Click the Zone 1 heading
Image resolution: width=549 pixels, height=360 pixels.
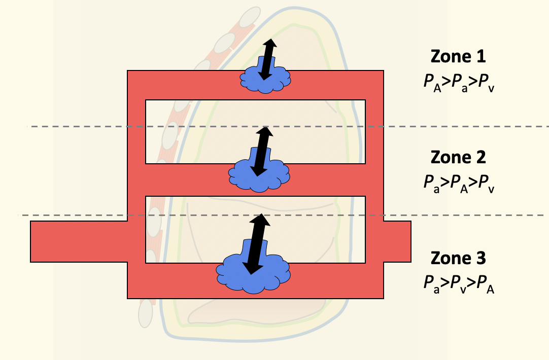[x=458, y=56]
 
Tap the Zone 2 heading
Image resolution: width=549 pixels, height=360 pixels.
[x=458, y=157]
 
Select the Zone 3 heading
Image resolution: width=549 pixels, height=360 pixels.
[x=458, y=258]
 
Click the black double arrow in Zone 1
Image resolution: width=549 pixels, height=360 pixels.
[x=267, y=59]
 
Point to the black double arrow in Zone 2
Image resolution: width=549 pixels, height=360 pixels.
[x=262, y=151]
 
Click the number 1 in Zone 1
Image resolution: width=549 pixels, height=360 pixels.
[x=480, y=56]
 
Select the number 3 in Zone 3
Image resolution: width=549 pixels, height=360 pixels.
[x=480, y=258]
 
